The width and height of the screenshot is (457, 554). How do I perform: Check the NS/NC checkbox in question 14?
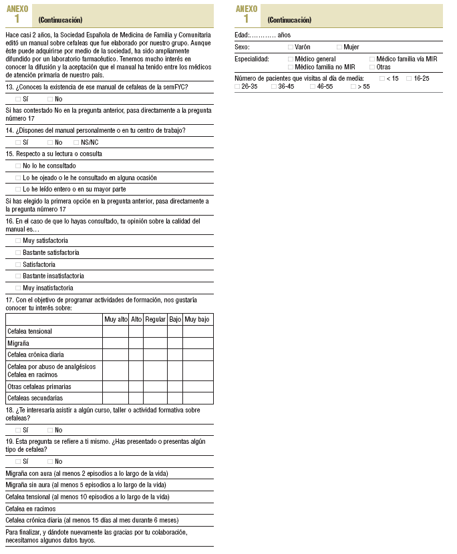[x=76, y=142]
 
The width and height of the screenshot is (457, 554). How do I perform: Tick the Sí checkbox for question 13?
[x=18, y=99]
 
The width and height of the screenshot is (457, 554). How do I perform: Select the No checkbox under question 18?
[x=50, y=430]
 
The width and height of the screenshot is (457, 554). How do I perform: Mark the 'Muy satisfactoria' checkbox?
[x=18, y=240]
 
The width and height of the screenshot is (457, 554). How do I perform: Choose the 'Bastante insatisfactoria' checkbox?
[x=18, y=276]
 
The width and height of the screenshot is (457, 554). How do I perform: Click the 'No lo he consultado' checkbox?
[x=18, y=166]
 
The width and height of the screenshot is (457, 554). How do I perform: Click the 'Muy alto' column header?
[x=116, y=320]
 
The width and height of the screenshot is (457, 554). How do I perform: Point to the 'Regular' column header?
[x=155, y=320]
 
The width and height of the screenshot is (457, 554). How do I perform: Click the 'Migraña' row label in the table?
[x=18, y=343]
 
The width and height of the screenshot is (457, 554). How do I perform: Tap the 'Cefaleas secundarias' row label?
[x=35, y=398]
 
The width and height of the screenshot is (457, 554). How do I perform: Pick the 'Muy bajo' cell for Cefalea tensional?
[x=197, y=332]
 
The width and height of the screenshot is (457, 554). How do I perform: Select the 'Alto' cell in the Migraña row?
[x=136, y=343]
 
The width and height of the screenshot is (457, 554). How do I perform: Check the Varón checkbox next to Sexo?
[x=290, y=47]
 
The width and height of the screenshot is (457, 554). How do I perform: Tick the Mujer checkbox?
[x=339, y=47]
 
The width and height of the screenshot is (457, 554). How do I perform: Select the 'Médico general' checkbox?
[x=290, y=59]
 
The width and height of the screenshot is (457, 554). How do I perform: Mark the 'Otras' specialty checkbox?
[x=371, y=67]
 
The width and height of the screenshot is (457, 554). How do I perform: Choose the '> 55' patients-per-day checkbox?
[x=353, y=87]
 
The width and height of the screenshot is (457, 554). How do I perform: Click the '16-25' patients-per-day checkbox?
[x=409, y=79]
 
